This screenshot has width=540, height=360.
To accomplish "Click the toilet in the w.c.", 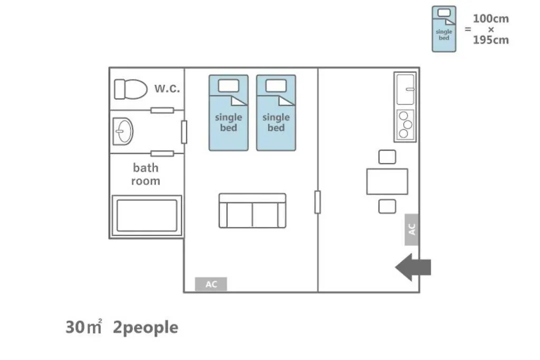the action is coord(131,89).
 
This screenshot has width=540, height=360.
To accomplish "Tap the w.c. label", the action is coord(167,89).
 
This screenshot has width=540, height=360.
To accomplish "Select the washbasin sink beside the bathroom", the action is coord(123,131).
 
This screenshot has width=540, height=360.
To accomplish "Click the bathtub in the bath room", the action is coord(147,216).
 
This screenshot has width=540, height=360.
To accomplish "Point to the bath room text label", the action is coord(146,174).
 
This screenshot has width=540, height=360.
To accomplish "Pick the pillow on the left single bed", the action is coord(229,86).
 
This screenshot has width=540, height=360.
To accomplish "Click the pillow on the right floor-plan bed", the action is coord(276,86).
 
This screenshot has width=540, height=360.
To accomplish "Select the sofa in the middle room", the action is coord(253,211).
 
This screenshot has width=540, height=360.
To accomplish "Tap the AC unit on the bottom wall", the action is coord(211,284).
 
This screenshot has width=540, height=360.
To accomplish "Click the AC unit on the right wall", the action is coord(411,230).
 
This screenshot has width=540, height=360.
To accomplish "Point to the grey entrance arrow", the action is coord(413,267).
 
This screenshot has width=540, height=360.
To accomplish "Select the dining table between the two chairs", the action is coord(387,181).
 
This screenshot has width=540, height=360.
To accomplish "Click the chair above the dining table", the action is coord(387,157).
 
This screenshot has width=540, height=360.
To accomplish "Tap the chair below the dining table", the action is coord(387,207).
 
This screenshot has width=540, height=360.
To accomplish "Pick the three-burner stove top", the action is coord(405,124).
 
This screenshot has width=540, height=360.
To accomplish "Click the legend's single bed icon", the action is coord(444,29).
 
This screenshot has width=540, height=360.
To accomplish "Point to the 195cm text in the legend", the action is coord(491,40).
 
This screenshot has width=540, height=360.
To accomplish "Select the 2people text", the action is coord(146,327).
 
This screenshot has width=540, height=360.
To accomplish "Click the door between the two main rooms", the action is coord(317,202).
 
